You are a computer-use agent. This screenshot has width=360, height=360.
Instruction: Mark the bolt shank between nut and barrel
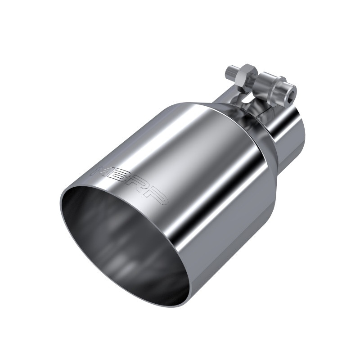point(256,77)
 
